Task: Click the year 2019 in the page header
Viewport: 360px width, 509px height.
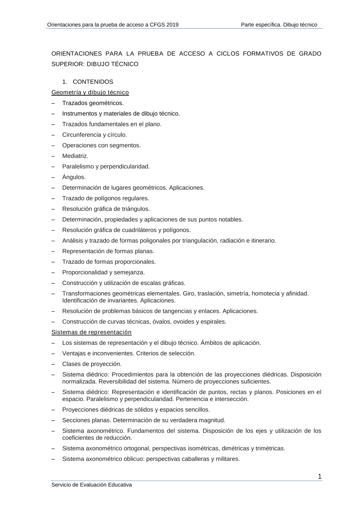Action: pyautogui.click(x=172, y=25)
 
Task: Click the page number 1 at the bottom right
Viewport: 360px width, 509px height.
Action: pyautogui.click(x=320, y=477)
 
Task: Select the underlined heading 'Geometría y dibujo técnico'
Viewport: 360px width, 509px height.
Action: pyautogui.click(x=90, y=93)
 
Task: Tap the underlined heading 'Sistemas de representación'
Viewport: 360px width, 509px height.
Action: pyautogui.click(x=91, y=332)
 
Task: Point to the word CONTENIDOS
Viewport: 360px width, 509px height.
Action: pyautogui.click(x=93, y=82)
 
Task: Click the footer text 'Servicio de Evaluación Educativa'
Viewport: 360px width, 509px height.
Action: pyautogui.click(x=91, y=485)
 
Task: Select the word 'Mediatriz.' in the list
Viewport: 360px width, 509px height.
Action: pyautogui.click(x=75, y=156)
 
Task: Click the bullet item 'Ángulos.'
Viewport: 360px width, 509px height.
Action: pyautogui.click(x=74, y=177)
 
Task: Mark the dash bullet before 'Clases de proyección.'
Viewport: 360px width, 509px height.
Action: pyautogui.click(x=53, y=364)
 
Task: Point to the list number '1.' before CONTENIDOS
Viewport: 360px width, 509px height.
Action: pyautogui.click(x=65, y=82)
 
